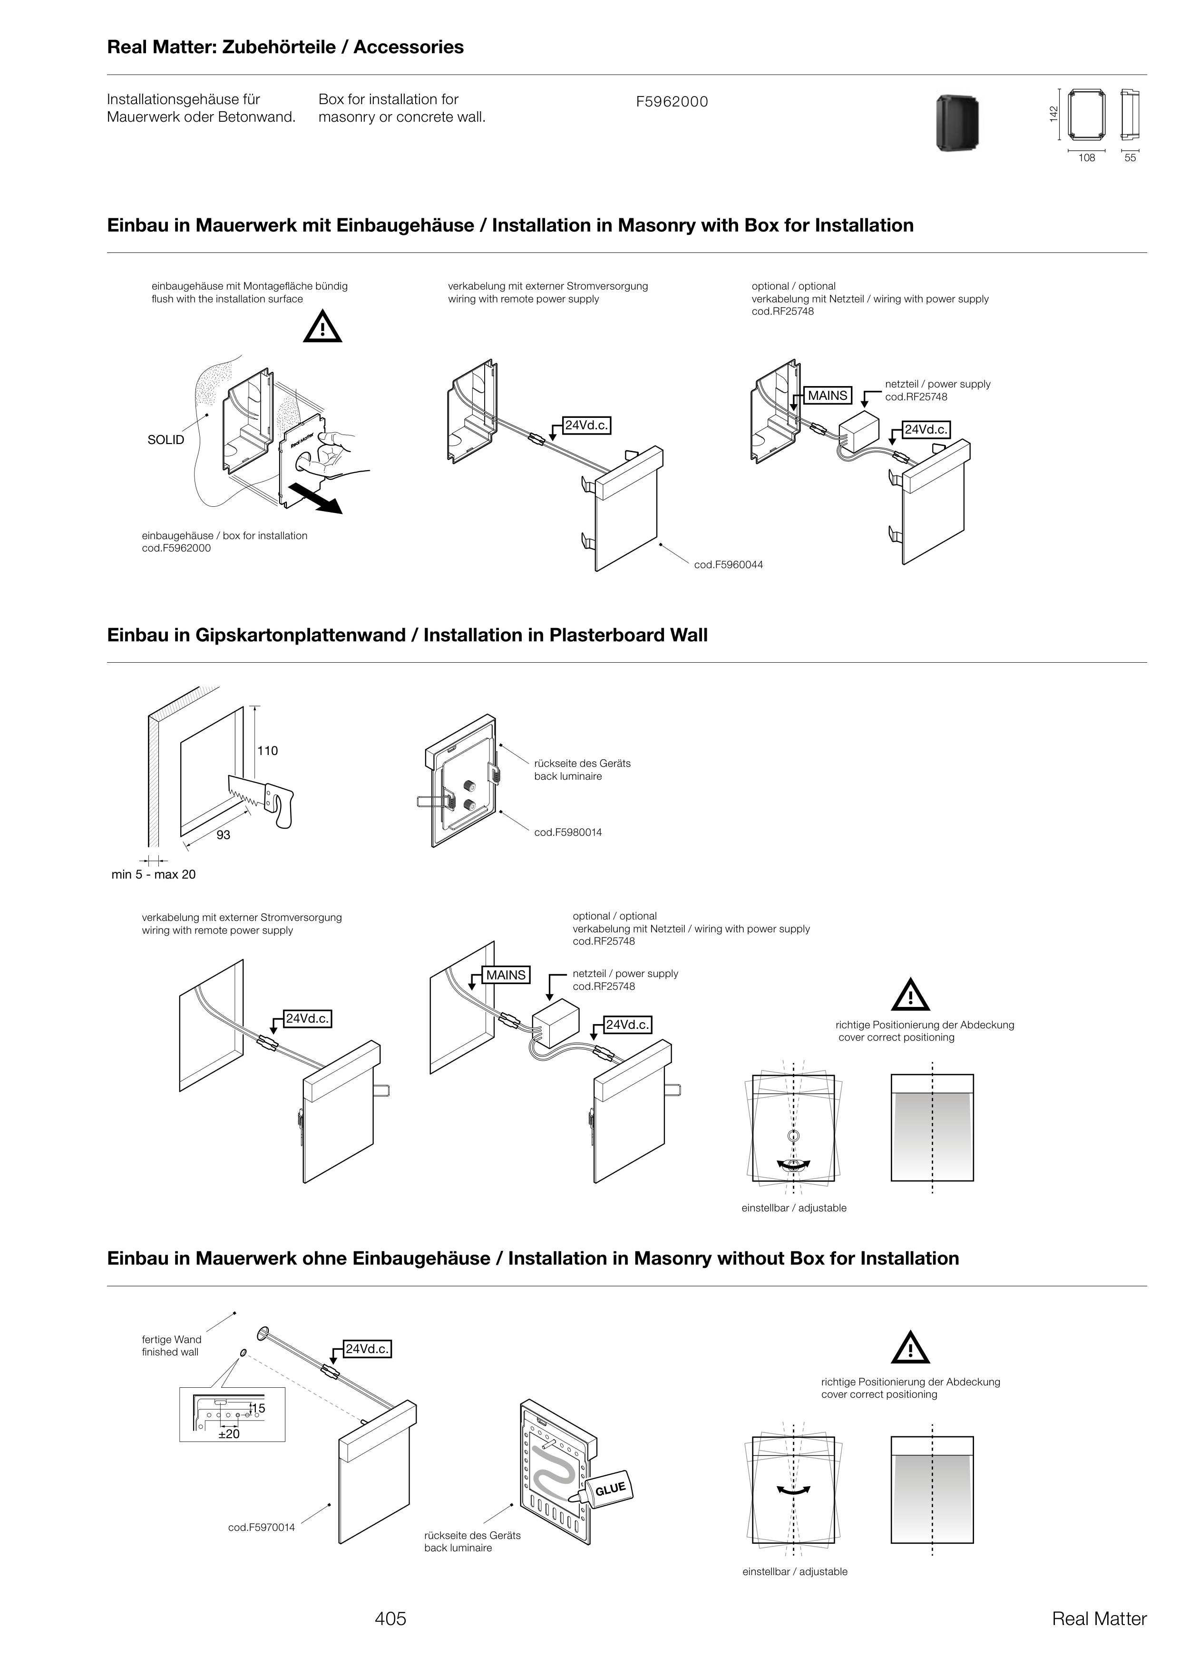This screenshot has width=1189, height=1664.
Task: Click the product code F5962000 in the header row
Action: click(x=672, y=102)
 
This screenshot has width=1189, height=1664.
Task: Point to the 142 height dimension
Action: click(x=1053, y=114)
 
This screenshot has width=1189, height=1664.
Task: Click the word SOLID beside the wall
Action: click(x=166, y=440)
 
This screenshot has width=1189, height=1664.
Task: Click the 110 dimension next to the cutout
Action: click(x=267, y=751)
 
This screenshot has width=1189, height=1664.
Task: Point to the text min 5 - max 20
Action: click(x=153, y=874)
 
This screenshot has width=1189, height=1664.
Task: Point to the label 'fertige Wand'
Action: click(x=171, y=1339)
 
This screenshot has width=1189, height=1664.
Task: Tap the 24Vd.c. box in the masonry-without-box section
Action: click(x=368, y=1349)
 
